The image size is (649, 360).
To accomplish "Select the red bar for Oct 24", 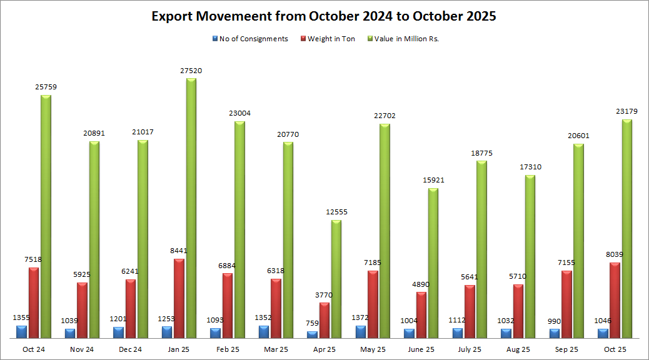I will coord(33,302).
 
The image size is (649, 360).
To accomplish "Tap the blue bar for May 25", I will coord(361,332).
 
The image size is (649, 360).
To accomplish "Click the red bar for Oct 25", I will coord(615,300).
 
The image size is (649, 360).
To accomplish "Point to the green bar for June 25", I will coord(433,263).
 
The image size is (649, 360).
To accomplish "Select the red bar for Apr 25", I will coord(324,320).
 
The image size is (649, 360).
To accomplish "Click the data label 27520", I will coord(191,71).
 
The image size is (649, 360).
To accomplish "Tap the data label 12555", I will coord(336,212).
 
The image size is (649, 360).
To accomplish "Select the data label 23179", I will coord(627,111).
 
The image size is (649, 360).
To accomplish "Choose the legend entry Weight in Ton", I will coord(331,39).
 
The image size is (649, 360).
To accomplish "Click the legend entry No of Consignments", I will coord(253,39).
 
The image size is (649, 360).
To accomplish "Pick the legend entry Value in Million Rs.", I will coord(406,39).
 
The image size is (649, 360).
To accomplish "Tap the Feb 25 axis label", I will coord(228,349).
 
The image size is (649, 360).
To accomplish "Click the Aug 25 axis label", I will coord(518,349).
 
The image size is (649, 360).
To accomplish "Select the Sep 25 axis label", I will coord(566,349).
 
